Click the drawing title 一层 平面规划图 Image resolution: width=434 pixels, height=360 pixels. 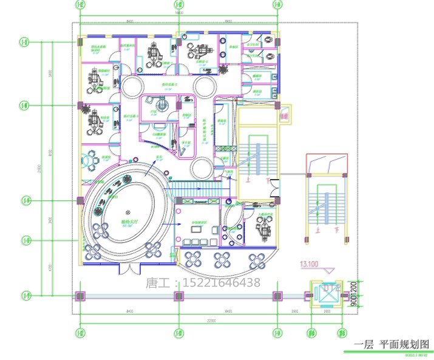coord(392,344)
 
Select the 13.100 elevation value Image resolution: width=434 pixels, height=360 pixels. coord(309,264)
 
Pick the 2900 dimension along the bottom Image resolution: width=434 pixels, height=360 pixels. coord(294,311)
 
